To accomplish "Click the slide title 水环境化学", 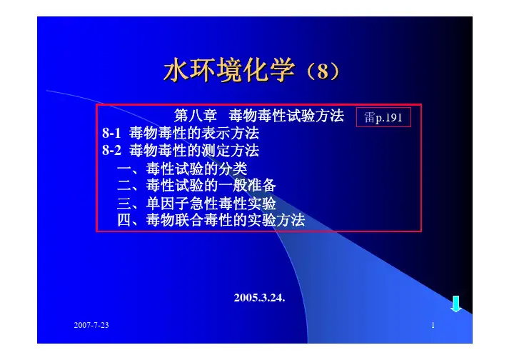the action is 229,69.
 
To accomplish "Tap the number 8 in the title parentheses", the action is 323,71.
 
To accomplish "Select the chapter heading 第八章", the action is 196,115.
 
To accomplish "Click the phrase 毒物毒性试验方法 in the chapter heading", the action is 286,115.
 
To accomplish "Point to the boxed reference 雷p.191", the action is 383,117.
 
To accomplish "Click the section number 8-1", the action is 111,133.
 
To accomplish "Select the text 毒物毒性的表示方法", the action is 194,133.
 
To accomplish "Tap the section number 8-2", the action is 111,150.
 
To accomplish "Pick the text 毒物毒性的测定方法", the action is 194,150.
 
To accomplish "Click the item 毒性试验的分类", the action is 197,169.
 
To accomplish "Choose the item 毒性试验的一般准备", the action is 211,186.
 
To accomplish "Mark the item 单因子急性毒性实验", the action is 211,204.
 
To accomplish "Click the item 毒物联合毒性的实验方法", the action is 226,220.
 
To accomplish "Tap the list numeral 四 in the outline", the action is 124,220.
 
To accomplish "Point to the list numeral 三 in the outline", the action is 124,204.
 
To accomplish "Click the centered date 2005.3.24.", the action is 259,297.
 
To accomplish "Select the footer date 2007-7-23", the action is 91,325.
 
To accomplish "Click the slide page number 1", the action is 433,325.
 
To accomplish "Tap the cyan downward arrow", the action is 456,304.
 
